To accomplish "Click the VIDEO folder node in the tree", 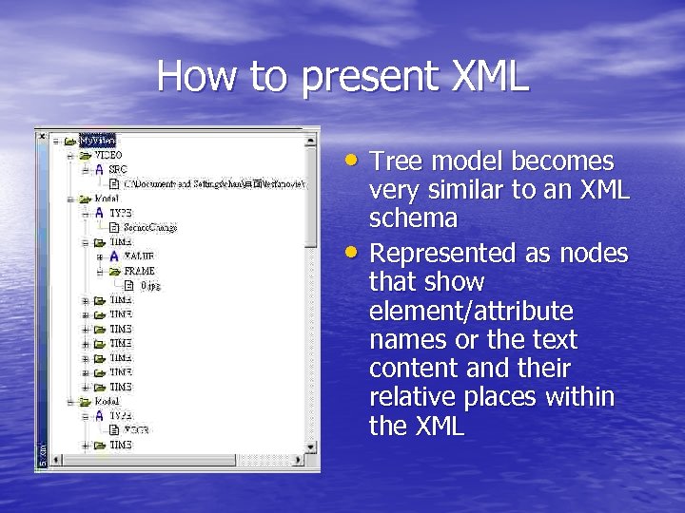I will pos(107,154).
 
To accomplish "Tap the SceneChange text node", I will pos(150,227).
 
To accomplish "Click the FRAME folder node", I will pos(138,271).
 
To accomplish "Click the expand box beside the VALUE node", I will pos(100,256).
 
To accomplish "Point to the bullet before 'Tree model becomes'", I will pos(354,160).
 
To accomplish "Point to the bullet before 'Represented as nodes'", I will pos(354,253).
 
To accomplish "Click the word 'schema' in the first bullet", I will pos(413,218).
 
